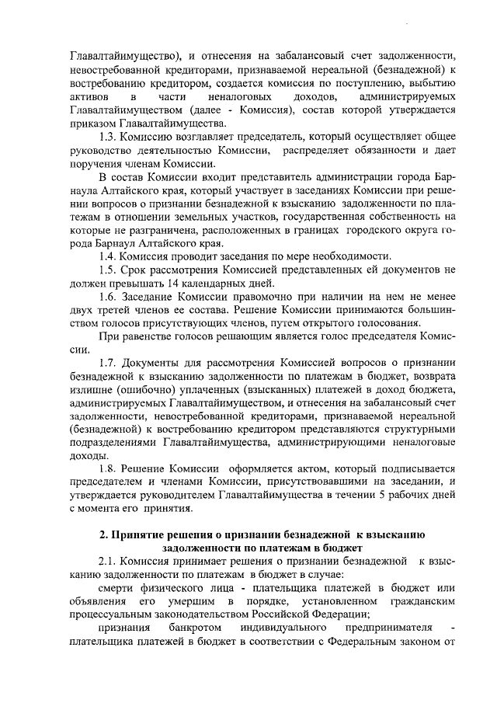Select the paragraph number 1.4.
point(109,256)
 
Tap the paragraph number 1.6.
point(109,297)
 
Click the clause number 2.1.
point(109,561)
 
